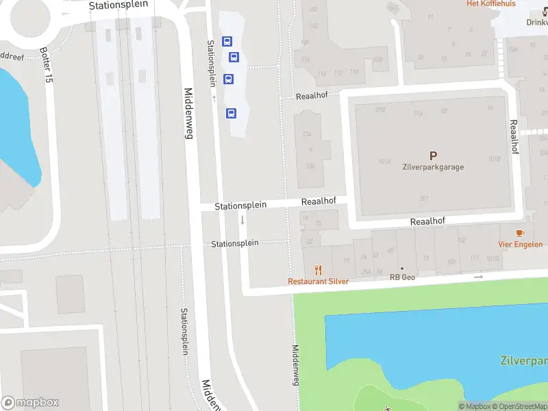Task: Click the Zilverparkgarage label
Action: (x=433, y=166)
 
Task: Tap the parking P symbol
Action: (x=433, y=156)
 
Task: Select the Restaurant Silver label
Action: (x=319, y=281)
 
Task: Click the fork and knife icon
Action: (x=318, y=271)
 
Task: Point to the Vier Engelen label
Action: (x=520, y=244)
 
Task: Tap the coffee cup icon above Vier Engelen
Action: (x=520, y=234)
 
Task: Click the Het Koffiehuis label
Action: (x=490, y=3)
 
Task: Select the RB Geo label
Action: (x=403, y=277)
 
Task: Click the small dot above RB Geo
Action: (x=403, y=269)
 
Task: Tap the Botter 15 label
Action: (x=47, y=66)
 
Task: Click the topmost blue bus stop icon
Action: (x=226, y=41)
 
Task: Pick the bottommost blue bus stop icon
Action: (x=232, y=113)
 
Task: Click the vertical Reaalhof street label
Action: (x=514, y=137)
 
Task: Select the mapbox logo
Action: (x=30, y=403)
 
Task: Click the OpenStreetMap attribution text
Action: (x=518, y=406)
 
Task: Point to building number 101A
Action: (x=384, y=162)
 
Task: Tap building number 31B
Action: (x=380, y=110)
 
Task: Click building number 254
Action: (x=366, y=272)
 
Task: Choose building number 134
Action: (x=310, y=134)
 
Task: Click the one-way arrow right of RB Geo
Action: (x=478, y=277)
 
